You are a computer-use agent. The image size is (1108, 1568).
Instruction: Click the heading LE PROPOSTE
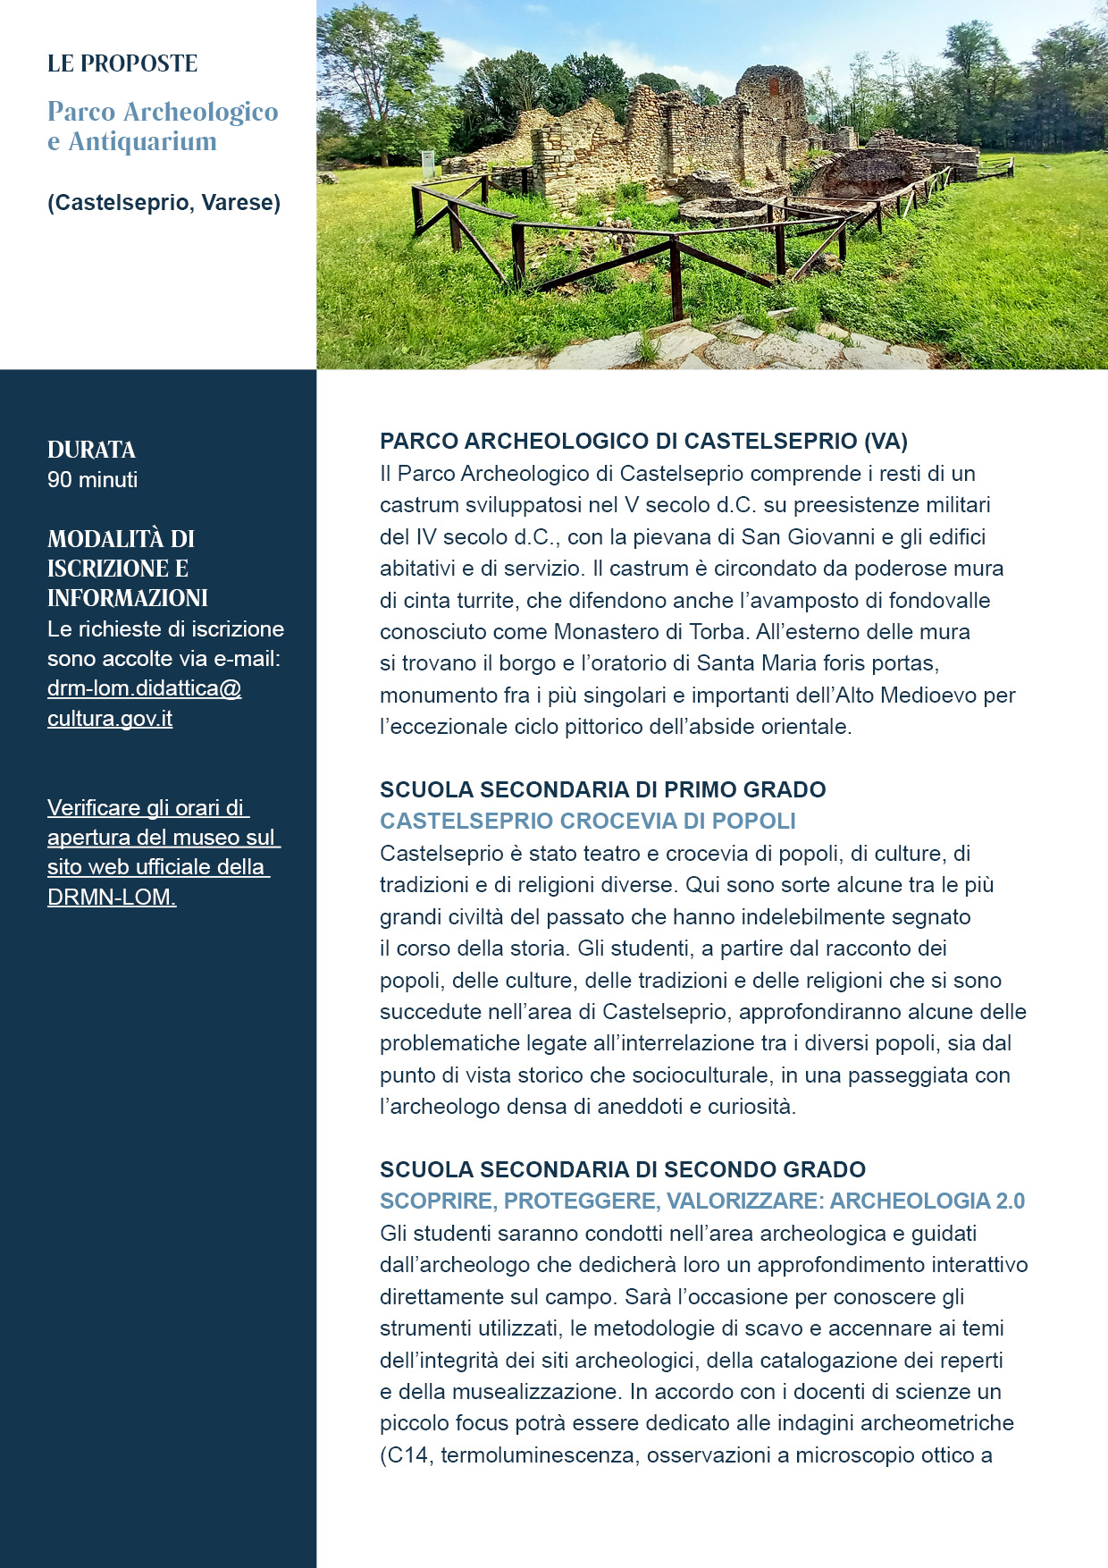click(122, 63)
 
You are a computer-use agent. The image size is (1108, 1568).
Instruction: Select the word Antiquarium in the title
click(142, 141)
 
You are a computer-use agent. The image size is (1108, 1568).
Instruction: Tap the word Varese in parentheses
click(240, 203)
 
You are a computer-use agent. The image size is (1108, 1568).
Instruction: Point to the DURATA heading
click(91, 450)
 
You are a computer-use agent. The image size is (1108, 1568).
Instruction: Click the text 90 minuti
click(92, 480)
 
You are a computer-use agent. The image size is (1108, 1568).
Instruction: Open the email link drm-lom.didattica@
click(144, 688)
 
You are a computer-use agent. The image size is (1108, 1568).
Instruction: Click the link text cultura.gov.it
click(109, 719)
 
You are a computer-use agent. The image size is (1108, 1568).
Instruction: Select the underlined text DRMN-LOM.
click(112, 897)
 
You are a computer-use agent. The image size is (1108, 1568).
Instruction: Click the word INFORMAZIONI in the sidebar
click(128, 598)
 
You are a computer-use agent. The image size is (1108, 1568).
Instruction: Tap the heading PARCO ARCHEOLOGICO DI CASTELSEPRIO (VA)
click(643, 441)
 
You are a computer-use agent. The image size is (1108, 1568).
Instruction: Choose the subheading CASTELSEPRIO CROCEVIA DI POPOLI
click(587, 821)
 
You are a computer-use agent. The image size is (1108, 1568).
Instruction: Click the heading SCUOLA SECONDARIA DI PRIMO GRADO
click(602, 789)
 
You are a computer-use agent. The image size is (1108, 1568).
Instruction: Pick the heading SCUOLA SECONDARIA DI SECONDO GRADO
click(622, 1169)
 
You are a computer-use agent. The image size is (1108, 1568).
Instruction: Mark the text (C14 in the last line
click(404, 1454)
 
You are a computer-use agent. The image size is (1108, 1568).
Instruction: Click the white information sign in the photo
click(429, 164)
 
